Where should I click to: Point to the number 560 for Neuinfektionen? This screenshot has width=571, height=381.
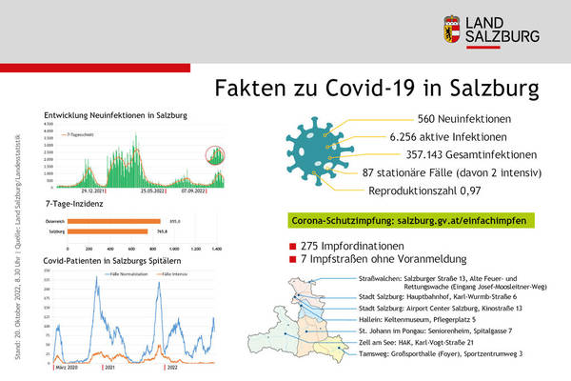(x=431, y=120)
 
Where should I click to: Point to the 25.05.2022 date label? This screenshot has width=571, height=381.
(x=154, y=190)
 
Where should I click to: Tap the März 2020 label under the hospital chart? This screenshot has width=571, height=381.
(x=66, y=366)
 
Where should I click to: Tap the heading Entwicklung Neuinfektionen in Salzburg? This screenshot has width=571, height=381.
(x=115, y=115)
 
